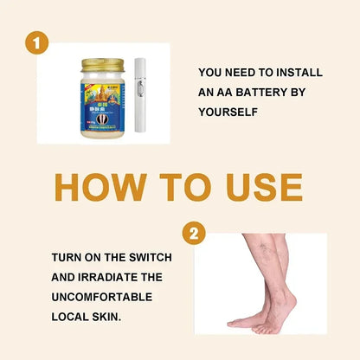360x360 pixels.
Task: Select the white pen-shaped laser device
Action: pos(143,94)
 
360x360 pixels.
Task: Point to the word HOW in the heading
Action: pos(102,188)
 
